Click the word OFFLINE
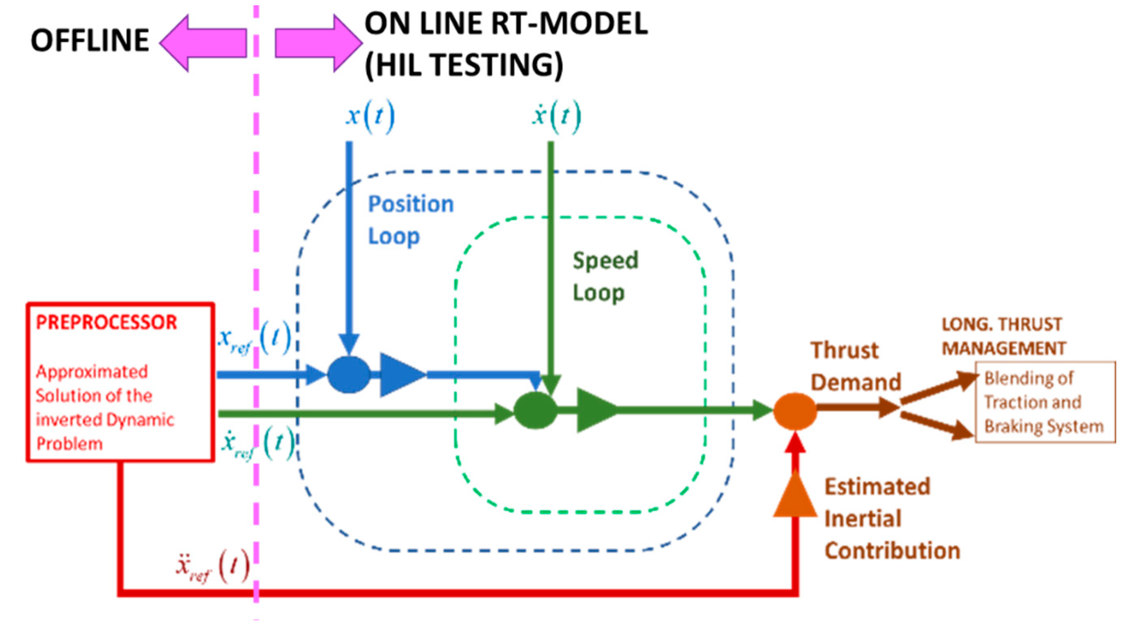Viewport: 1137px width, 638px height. [89, 41]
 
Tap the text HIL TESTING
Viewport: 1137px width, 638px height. [464, 65]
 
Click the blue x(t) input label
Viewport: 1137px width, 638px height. [370, 116]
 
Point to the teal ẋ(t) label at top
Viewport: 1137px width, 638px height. [556, 116]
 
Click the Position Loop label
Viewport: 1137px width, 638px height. [411, 220]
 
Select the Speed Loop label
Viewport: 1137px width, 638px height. [605, 276]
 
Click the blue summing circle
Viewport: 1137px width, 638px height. [349, 374]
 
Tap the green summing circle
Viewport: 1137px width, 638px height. [535, 411]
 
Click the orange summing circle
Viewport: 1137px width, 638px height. [794, 411]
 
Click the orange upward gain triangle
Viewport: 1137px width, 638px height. [795, 497]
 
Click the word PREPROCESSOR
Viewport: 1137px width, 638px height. [106, 323]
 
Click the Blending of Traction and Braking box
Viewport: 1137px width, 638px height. [1045, 402]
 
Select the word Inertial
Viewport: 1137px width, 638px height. [862, 519]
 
